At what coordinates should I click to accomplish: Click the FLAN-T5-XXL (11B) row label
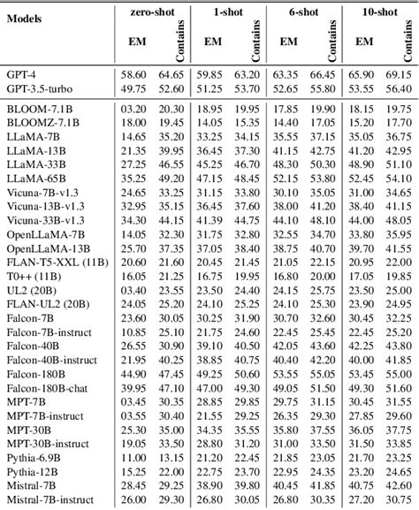click(55, 263)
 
